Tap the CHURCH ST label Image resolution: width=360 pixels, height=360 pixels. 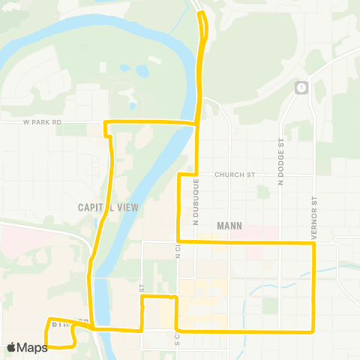pyautogui.click(x=235, y=175)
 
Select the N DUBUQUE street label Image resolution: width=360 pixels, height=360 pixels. pyautogui.click(x=196, y=201)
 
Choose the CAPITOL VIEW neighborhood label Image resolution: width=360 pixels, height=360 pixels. pyautogui.click(x=109, y=207)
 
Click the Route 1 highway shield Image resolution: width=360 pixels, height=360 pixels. pyautogui.click(x=301, y=88)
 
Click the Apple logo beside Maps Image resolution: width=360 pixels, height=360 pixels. pyautogui.click(x=11, y=347)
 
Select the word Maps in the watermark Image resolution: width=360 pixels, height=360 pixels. pyautogui.click(x=32, y=347)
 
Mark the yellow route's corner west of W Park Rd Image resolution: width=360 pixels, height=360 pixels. pyautogui.click(x=105, y=121)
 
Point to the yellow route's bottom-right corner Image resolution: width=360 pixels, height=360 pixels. pyautogui.click(x=313, y=331)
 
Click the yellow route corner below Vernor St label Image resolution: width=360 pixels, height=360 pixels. pyautogui.click(x=313, y=243)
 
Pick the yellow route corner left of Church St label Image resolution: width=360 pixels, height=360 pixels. pyautogui.click(x=178, y=175)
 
